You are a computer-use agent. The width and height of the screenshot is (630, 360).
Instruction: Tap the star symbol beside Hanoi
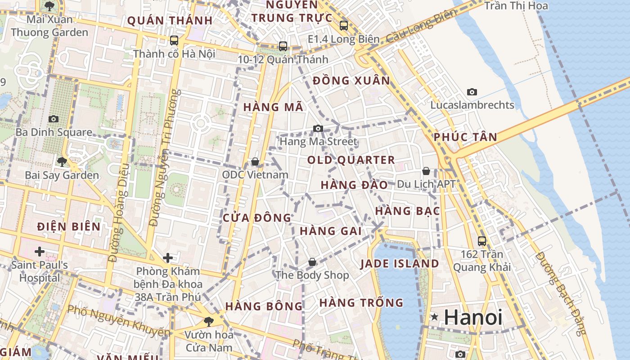pyautogui.click(x=434, y=317)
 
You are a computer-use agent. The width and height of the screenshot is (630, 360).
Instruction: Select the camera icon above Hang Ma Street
pyautogui.click(x=318, y=129)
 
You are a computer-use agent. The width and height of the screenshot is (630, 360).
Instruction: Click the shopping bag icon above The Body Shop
pyautogui.click(x=312, y=262)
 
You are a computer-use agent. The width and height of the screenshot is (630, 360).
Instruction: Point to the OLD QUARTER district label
pyautogui.click(x=351, y=160)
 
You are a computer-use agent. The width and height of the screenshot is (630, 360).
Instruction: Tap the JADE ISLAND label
pyautogui.click(x=400, y=264)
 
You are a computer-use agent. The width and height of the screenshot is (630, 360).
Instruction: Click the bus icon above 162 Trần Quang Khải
pyautogui.click(x=482, y=241)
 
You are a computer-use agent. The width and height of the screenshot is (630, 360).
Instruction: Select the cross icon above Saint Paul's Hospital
pyautogui.click(x=40, y=251)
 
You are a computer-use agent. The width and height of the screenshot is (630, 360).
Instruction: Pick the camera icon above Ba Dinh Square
pyautogui.click(x=54, y=119)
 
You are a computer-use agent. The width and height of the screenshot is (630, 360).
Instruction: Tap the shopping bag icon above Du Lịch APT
pyautogui.click(x=426, y=171)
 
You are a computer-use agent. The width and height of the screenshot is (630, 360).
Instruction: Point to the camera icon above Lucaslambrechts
pyautogui.click(x=472, y=92)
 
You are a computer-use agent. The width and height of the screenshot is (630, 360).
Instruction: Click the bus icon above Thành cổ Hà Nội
pyautogui.click(x=174, y=40)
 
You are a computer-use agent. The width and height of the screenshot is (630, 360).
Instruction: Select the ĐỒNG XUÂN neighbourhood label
pyautogui.click(x=351, y=81)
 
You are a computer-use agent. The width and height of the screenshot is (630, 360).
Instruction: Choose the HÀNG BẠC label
pyautogui.click(x=407, y=211)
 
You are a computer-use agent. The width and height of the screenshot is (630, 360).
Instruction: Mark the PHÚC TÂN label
pyautogui.click(x=465, y=137)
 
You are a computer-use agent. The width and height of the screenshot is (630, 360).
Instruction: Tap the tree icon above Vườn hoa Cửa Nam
pyautogui.click(x=208, y=321)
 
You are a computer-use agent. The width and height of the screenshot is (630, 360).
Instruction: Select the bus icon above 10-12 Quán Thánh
pyautogui.click(x=283, y=46)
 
